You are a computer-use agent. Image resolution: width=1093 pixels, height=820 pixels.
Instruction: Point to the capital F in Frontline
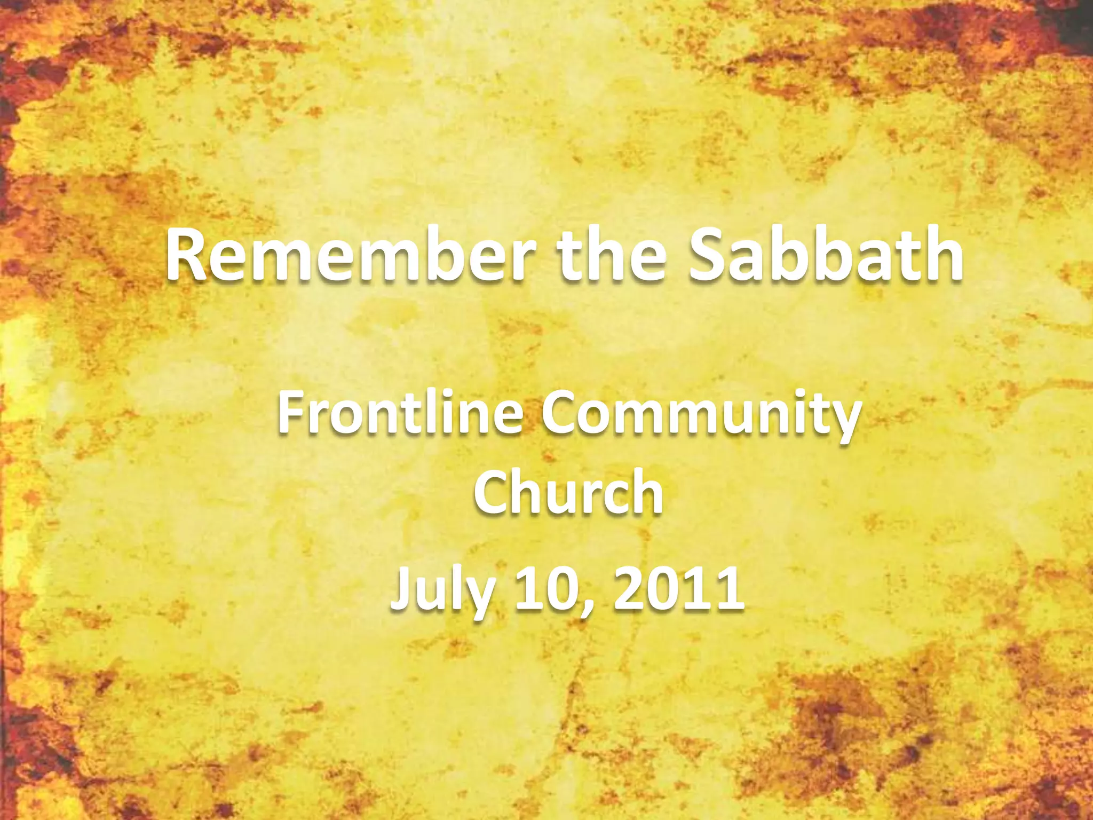[x=291, y=413]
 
